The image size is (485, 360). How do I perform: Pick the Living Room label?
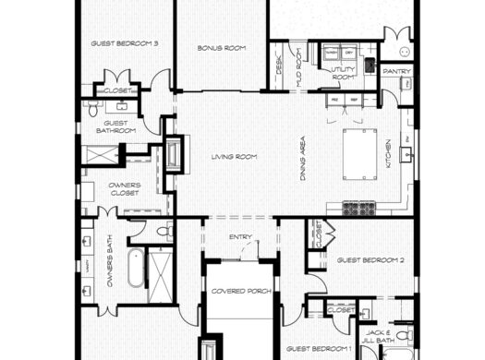point(233,157)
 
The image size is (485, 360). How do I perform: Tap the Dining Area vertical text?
point(302,158)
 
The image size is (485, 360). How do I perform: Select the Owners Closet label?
point(124,189)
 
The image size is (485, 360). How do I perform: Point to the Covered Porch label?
point(239,292)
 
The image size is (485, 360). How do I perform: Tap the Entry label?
point(240,237)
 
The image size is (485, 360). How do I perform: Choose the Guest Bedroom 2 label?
point(370,260)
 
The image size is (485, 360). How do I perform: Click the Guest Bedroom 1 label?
point(318,348)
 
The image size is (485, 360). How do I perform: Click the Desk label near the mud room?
point(279,66)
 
